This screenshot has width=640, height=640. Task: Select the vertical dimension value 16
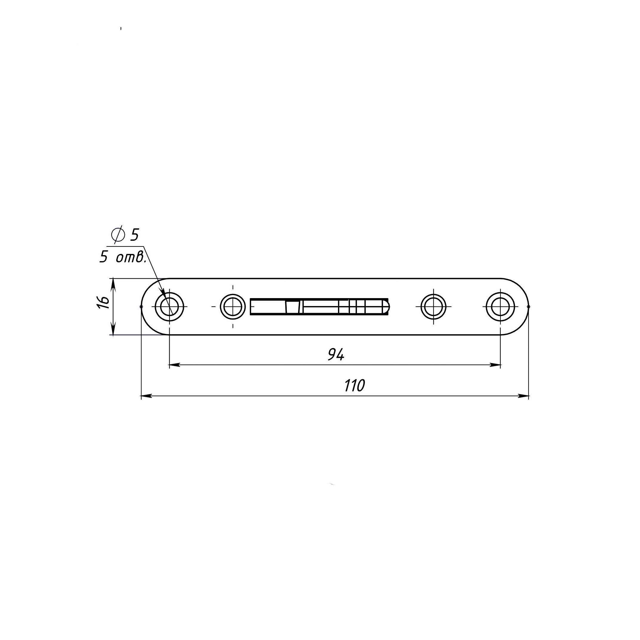(x=104, y=302)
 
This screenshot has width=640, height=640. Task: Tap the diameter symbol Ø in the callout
(x=118, y=235)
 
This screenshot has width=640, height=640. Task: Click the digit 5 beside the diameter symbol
(x=134, y=235)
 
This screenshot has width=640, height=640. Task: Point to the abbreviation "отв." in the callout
(x=131, y=258)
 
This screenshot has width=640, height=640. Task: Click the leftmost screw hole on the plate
(x=169, y=307)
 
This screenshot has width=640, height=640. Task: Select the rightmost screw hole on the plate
(x=500, y=307)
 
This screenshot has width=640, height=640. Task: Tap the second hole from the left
(x=233, y=307)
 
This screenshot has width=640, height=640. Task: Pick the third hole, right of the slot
(x=434, y=307)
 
